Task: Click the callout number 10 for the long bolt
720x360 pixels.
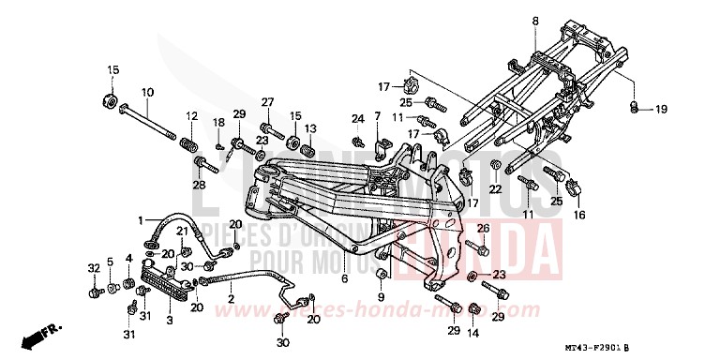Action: click(147, 92)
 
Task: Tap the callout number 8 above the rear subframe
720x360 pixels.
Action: click(535, 21)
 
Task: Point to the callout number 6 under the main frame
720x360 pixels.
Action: click(344, 278)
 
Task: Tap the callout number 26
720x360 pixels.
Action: click(482, 228)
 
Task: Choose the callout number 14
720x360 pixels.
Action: click(473, 333)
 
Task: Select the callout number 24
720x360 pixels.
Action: click(357, 118)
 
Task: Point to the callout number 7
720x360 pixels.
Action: click(377, 116)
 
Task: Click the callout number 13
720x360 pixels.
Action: click(310, 127)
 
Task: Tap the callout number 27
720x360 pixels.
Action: click(266, 102)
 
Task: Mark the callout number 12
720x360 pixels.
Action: click(191, 116)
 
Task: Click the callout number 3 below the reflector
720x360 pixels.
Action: click(169, 320)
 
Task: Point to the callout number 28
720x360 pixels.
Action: click(199, 187)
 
